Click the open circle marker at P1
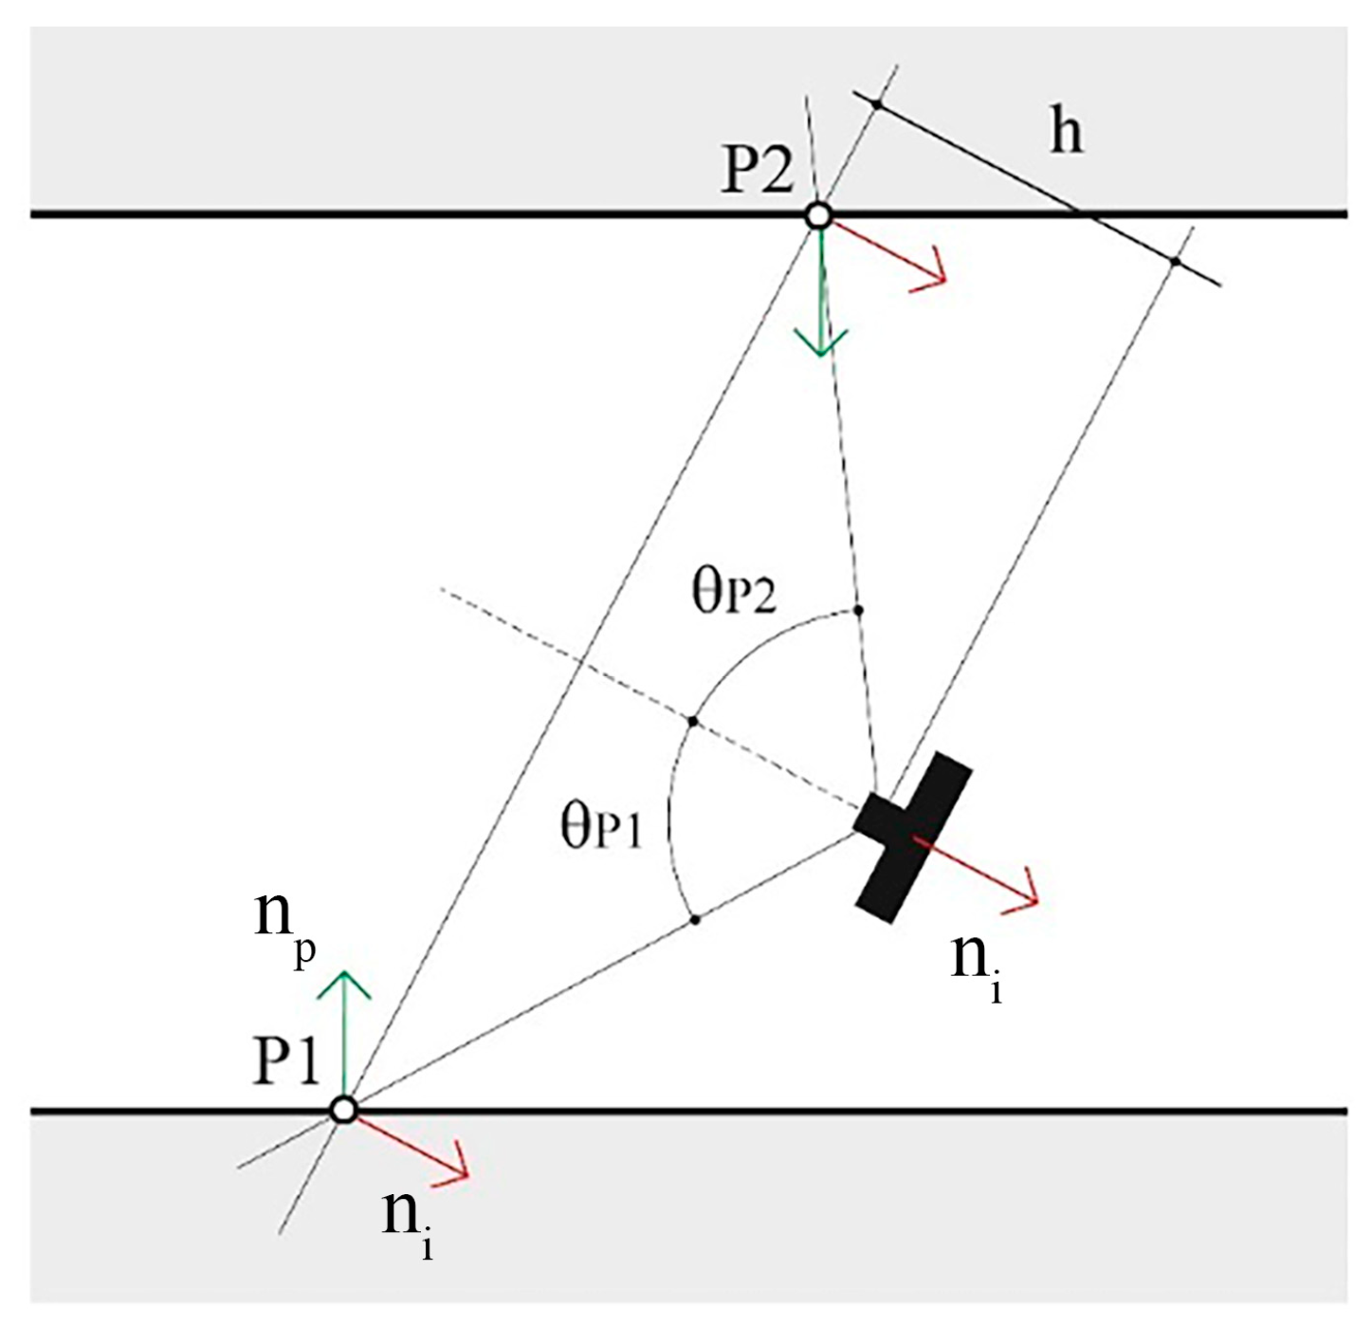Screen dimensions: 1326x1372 click(x=344, y=1109)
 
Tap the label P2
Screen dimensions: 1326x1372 click(x=757, y=172)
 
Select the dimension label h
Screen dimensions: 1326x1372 click(x=1066, y=131)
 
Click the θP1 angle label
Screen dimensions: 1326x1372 click(x=601, y=827)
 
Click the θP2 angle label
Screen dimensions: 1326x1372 click(x=734, y=594)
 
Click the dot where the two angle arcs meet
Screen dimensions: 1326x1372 click(x=692, y=722)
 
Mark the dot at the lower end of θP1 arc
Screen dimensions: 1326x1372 click(x=695, y=919)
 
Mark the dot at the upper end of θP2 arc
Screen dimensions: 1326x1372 click(x=858, y=609)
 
